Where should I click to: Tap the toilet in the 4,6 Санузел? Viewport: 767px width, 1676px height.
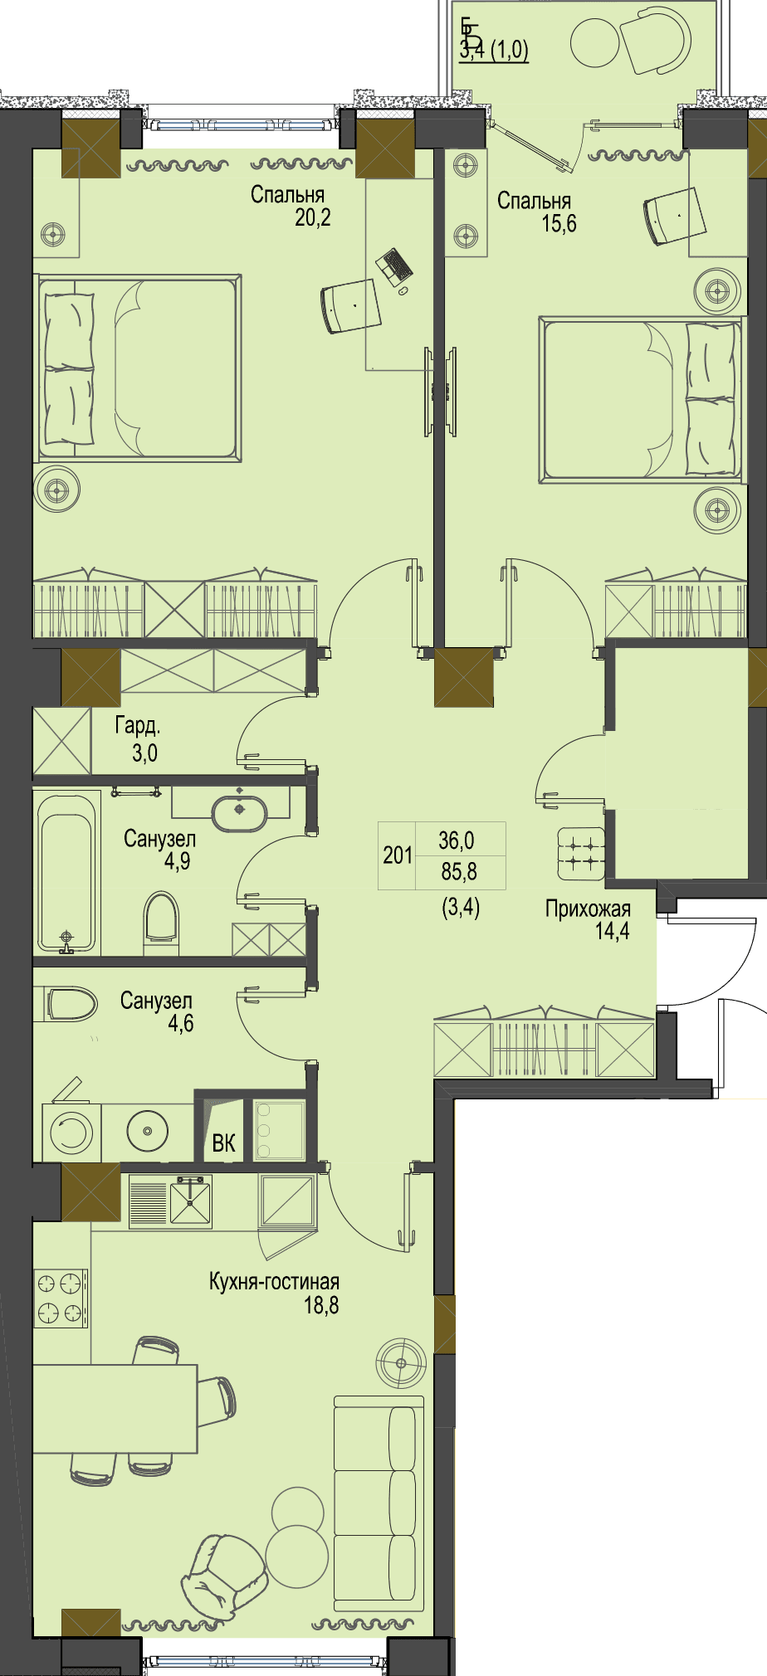point(71,1004)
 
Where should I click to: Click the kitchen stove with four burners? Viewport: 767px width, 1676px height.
point(61,1298)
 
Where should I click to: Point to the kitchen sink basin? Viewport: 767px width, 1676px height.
point(190,1201)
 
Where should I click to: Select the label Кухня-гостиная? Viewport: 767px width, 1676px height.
point(274,1282)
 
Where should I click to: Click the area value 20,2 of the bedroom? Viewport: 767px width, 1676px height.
point(313,218)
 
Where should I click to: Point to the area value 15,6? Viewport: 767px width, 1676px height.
point(559,223)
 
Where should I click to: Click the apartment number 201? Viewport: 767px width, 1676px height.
point(398,855)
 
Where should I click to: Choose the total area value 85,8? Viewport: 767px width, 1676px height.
point(458,872)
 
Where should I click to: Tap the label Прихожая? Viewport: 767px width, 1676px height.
point(588,909)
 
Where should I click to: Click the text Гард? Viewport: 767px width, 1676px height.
point(138,726)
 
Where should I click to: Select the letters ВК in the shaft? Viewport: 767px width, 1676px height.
point(223,1143)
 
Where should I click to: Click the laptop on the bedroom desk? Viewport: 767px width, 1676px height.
point(393,265)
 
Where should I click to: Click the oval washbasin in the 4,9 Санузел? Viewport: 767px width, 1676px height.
point(240,813)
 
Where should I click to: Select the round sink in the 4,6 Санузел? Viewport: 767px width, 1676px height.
point(148,1131)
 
